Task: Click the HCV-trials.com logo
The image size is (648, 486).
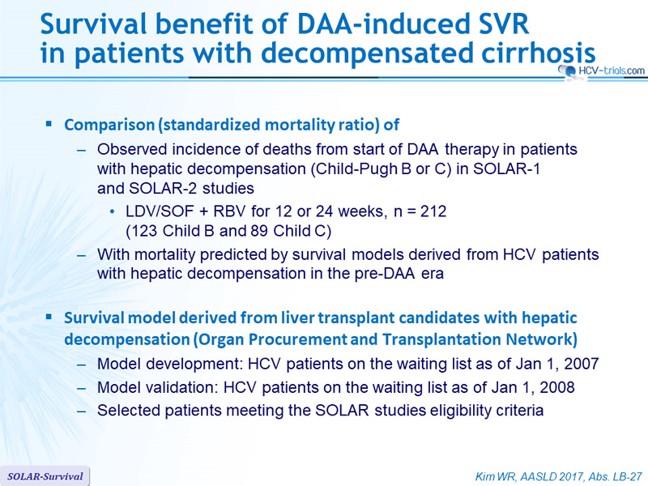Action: (601, 70)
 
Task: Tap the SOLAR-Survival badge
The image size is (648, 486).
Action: (45, 476)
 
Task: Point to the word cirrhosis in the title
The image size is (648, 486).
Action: (538, 53)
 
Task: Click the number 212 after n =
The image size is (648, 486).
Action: (433, 211)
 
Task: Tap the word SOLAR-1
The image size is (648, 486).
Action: (507, 168)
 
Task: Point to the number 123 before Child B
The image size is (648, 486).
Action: (144, 231)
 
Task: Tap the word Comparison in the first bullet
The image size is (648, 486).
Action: (109, 125)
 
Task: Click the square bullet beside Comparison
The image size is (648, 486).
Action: (49, 123)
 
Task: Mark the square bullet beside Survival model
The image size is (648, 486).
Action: (49, 317)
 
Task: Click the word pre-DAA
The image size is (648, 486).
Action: (385, 273)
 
